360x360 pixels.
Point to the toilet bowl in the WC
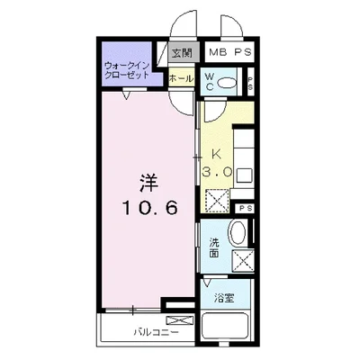tap(229, 84)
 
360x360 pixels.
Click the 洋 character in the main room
tap(148, 181)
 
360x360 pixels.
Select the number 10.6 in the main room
tap(149, 207)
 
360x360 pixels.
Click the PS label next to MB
tap(241, 52)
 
